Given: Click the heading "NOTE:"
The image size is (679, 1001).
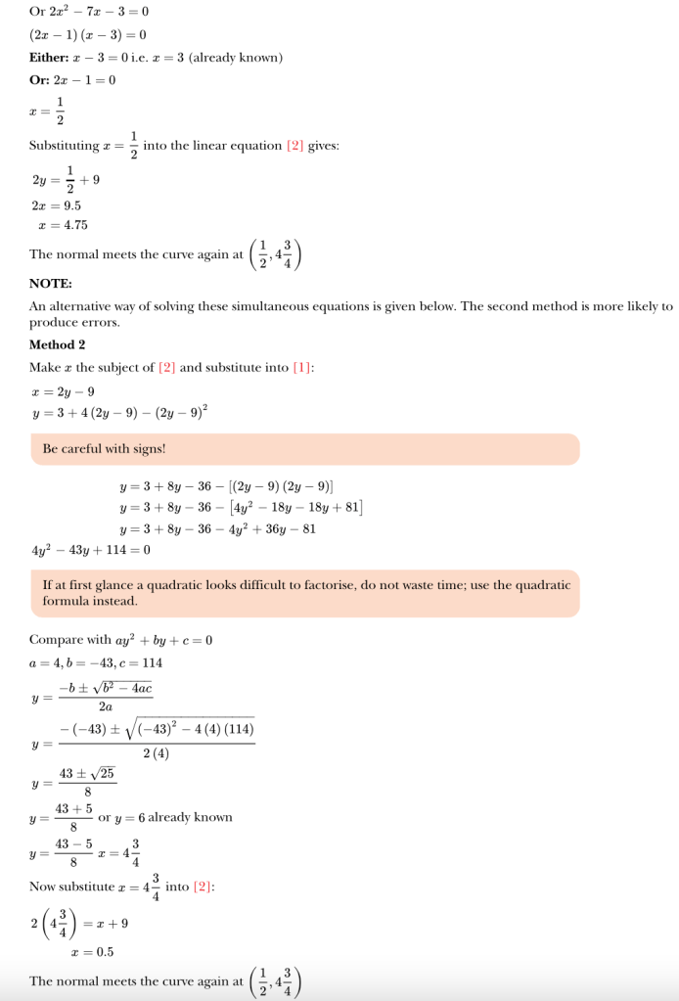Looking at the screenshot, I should click(x=50, y=284).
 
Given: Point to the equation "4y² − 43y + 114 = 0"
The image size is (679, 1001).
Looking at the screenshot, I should click(x=91, y=550).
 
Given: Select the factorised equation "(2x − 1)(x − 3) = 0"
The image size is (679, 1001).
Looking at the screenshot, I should click(x=88, y=35).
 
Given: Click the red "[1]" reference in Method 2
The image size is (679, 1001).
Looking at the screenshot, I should click(x=301, y=368).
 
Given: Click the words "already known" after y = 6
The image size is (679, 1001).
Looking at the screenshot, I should click(x=190, y=817).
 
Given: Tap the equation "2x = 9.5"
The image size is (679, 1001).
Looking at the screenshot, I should click(x=57, y=205).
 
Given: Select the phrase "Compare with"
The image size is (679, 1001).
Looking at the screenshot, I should click(x=69, y=641).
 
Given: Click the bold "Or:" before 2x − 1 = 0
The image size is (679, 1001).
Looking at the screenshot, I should click(x=39, y=80).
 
